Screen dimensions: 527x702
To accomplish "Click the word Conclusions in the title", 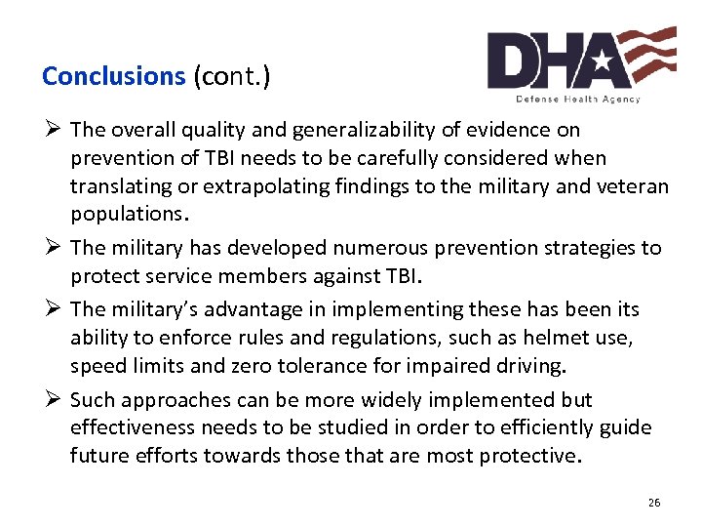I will pyautogui.click(x=113, y=76).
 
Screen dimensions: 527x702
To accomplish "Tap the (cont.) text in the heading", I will pyautogui.click(x=231, y=76).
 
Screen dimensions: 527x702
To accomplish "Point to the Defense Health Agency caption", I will pyautogui.click(x=578, y=99).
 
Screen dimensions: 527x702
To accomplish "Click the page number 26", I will pyautogui.click(x=653, y=503).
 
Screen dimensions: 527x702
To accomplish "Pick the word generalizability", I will pyautogui.click(x=374, y=130).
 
